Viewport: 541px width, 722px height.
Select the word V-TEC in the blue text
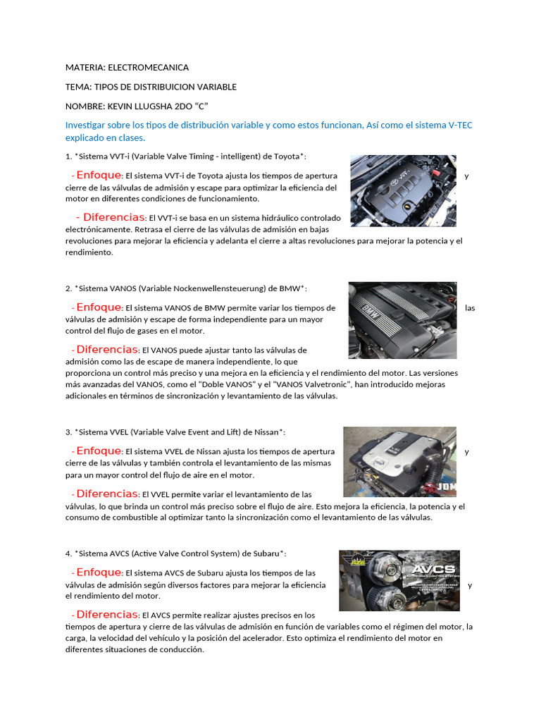point(460,125)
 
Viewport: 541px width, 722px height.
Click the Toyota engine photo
point(403,190)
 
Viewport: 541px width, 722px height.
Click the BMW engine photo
point(402,320)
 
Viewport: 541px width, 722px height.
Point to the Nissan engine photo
point(399,462)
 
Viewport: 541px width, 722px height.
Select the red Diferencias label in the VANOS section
point(107,349)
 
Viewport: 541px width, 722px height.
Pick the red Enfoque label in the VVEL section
point(99,451)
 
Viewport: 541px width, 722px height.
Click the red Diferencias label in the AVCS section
point(107,614)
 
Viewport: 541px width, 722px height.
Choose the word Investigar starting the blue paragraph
point(88,125)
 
